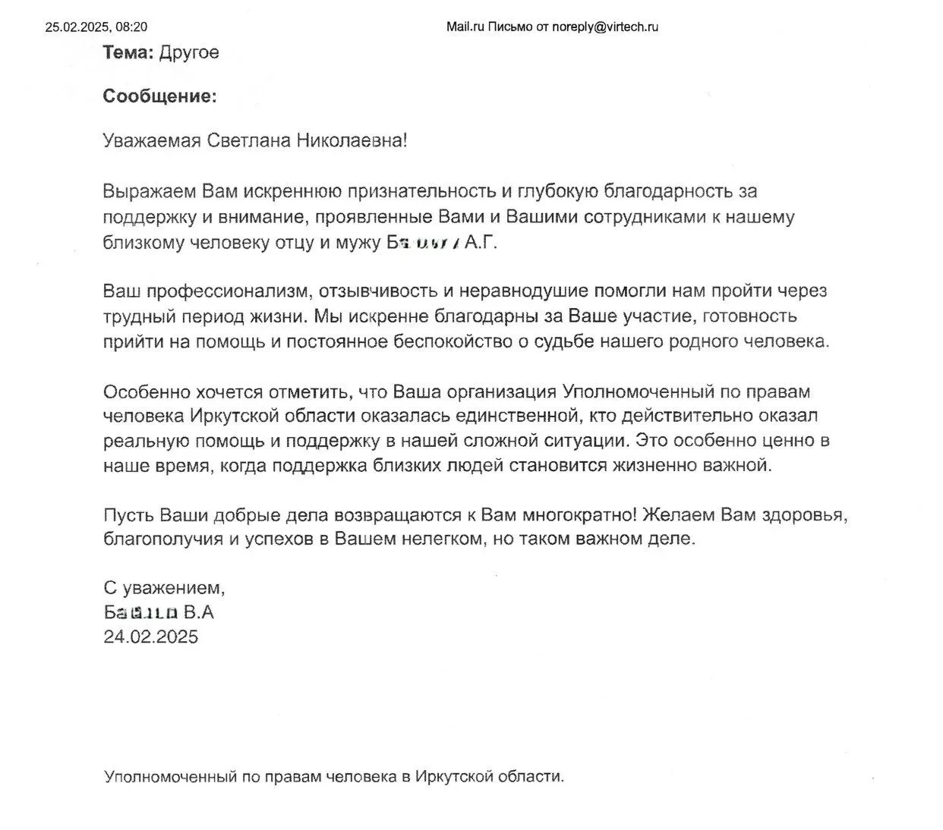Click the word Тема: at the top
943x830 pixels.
pyautogui.click(x=128, y=52)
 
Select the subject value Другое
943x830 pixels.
pyautogui.click(x=189, y=52)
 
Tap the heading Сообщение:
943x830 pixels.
pyautogui.click(x=159, y=96)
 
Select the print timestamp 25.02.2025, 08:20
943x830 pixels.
pyautogui.click(x=96, y=27)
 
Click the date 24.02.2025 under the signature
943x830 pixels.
pyautogui.click(x=150, y=637)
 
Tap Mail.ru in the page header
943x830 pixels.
pyautogui.click(x=465, y=27)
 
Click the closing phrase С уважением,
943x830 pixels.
pyautogui.click(x=164, y=588)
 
